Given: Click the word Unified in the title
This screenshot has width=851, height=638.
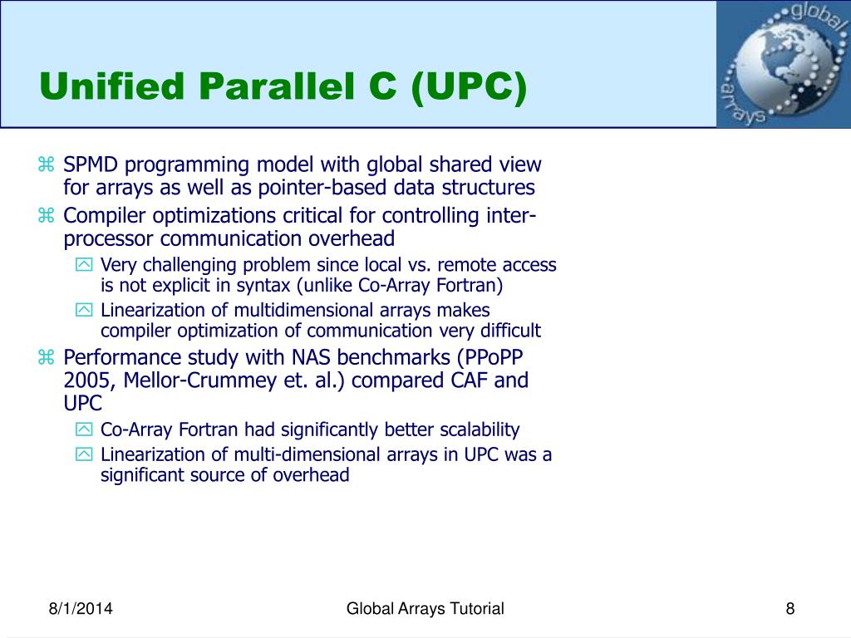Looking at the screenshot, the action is (x=112, y=86).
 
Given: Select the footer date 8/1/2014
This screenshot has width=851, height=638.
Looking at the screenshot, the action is (x=81, y=608).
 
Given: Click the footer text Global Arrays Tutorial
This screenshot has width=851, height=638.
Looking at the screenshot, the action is (x=425, y=608).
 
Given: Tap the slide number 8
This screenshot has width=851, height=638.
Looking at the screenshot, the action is (x=790, y=608).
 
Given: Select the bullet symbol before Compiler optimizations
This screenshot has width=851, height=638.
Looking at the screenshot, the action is (x=47, y=215).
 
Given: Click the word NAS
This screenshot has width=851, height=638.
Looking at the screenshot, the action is (x=311, y=357).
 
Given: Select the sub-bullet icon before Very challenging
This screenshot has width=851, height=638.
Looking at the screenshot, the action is (x=84, y=264).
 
